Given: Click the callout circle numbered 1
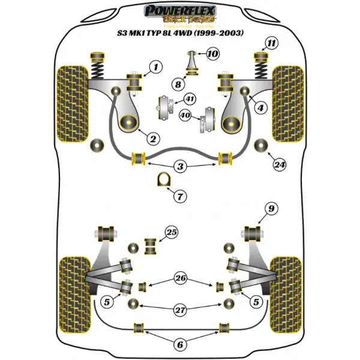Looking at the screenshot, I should click(x=156, y=68).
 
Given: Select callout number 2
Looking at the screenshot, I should click(x=153, y=139).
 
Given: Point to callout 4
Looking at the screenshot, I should click(x=261, y=109).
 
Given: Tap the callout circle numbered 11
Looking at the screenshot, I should click(x=272, y=43).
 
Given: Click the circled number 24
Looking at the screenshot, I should click(x=278, y=163).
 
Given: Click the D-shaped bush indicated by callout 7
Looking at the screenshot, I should click(x=161, y=180).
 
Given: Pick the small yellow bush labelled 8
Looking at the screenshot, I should click(x=192, y=74).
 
